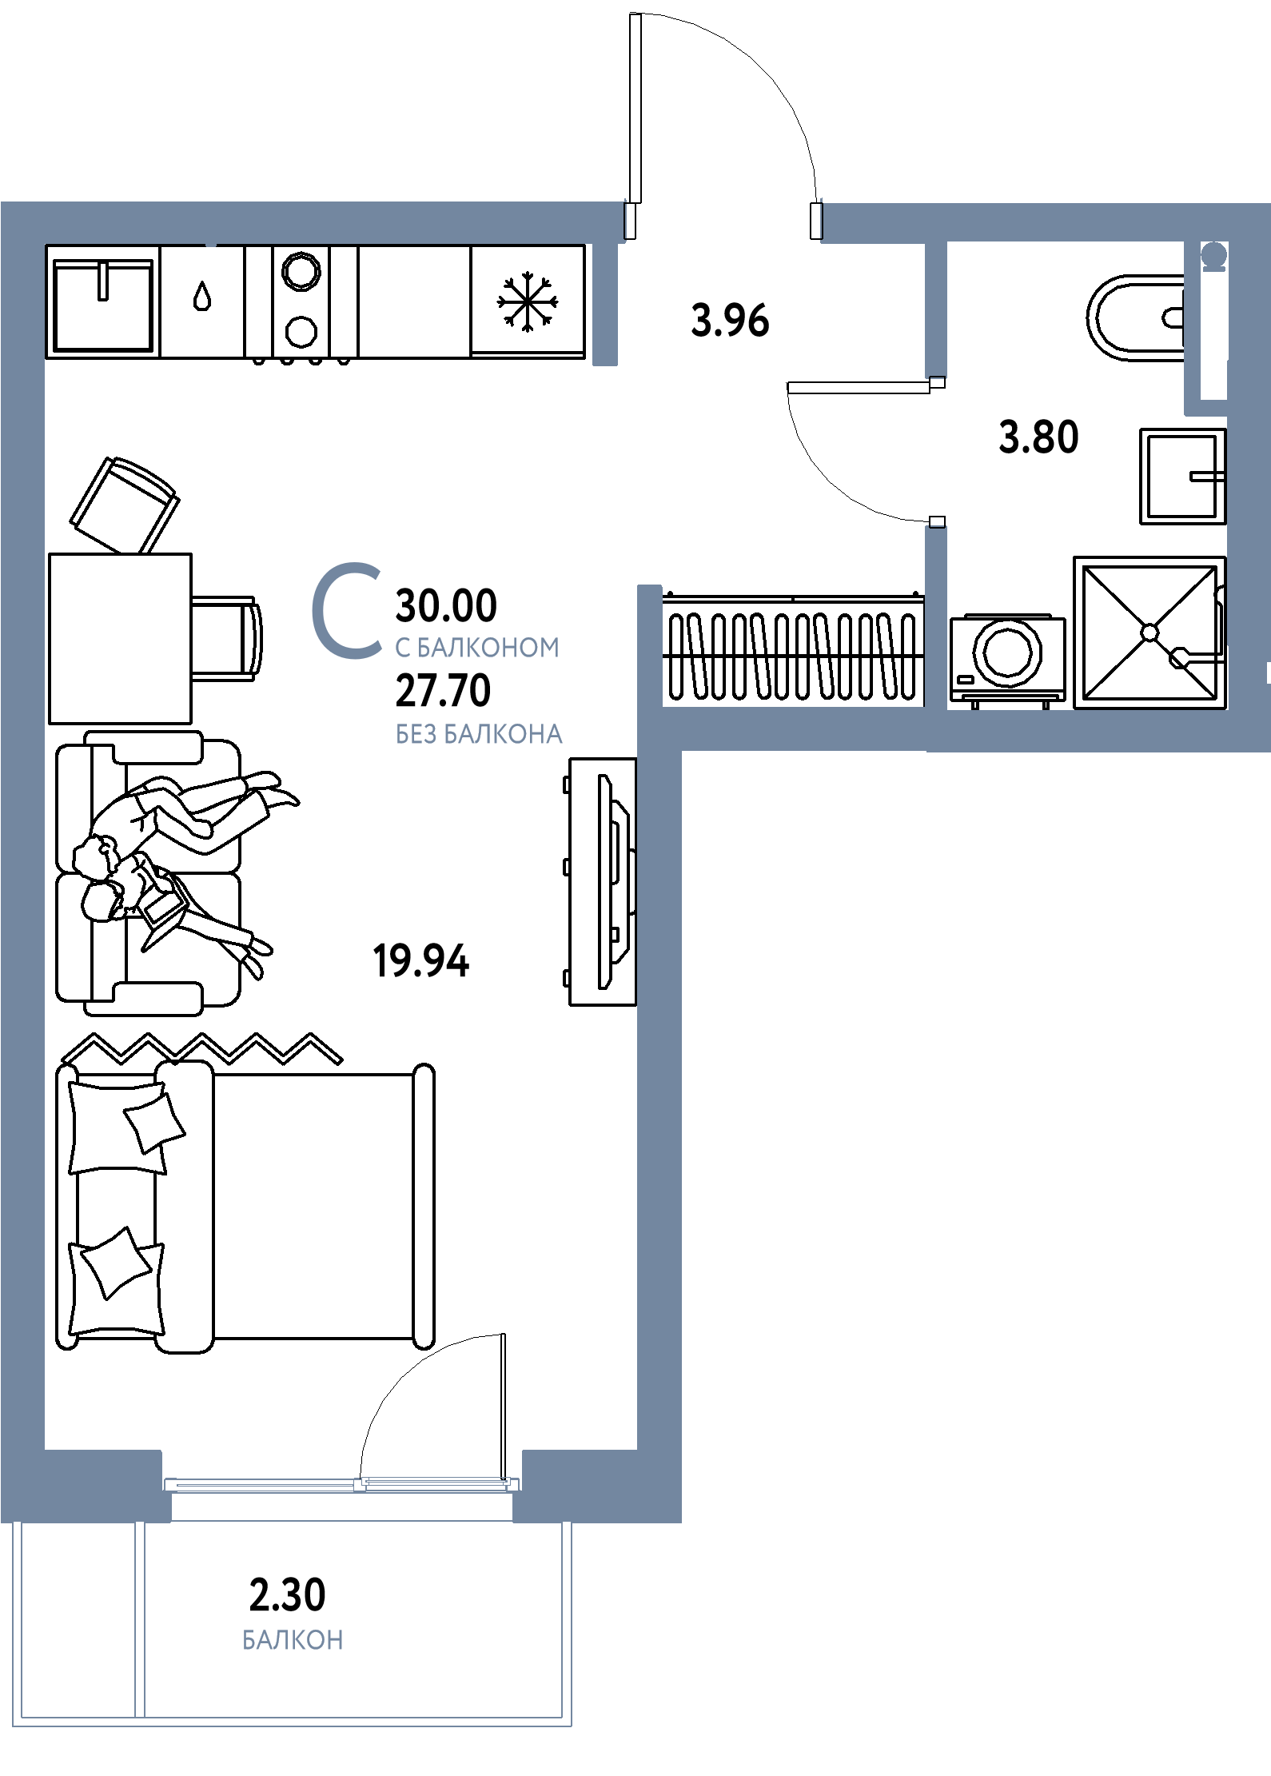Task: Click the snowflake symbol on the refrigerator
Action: pyautogui.click(x=527, y=302)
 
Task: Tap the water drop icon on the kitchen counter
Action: pyautogui.click(x=202, y=297)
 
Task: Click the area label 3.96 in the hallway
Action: pyautogui.click(x=730, y=321)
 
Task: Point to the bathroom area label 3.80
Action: pyautogui.click(x=1038, y=437)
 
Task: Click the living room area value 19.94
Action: pyautogui.click(x=421, y=960)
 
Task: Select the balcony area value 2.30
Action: pyautogui.click(x=288, y=1594)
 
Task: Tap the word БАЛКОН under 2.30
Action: pyautogui.click(x=293, y=1640)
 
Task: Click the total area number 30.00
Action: pyautogui.click(x=446, y=605)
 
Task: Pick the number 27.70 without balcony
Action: pyautogui.click(x=443, y=691)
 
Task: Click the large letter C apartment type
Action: pyautogui.click(x=346, y=611)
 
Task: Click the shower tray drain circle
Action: pyautogui.click(x=1149, y=633)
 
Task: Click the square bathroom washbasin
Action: pyautogui.click(x=1182, y=477)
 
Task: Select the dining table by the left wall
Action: pyautogui.click(x=120, y=639)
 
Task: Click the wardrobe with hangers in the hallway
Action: pyautogui.click(x=793, y=649)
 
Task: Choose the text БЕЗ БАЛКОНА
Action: pyautogui.click(x=479, y=734)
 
